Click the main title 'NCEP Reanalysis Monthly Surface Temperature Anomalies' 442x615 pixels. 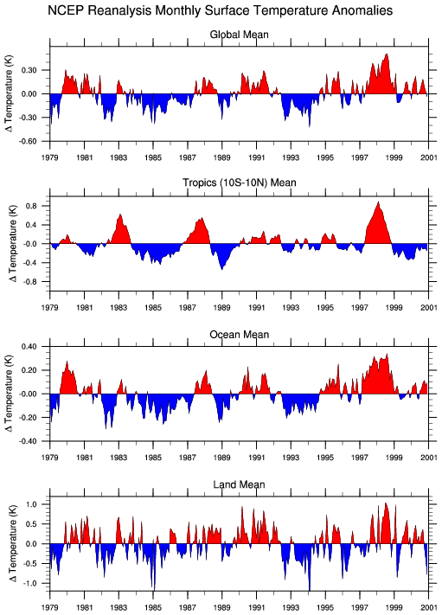(220, 10)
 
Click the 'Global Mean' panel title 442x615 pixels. (240, 35)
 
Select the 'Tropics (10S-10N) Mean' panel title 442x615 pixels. (240, 183)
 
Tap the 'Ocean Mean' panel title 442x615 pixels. (240, 335)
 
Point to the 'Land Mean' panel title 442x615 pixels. (240, 484)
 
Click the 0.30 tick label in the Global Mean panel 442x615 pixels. (29, 70)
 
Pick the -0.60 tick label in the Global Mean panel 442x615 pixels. (27, 141)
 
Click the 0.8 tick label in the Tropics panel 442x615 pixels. (31, 206)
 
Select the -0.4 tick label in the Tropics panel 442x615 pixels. (30, 263)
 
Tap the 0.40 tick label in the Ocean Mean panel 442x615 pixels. (29, 347)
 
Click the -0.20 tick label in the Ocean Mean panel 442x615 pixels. (27, 418)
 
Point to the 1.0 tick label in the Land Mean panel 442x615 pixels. (31, 504)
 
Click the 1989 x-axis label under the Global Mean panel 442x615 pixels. (222, 157)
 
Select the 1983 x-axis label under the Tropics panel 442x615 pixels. (119, 308)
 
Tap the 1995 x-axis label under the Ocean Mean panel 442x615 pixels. (325, 458)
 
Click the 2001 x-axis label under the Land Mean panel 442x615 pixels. (429, 607)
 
